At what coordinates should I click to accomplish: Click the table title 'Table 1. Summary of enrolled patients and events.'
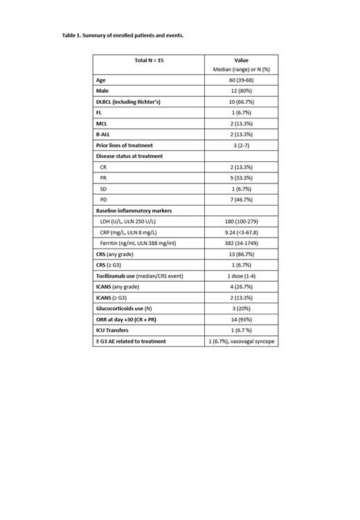[x=123, y=35]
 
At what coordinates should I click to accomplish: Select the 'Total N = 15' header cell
[x=149, y=60]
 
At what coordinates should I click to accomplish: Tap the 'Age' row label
[x=101, y=80]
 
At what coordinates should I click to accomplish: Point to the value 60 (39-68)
[x=241, y=80]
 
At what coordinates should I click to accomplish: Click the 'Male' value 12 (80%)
[x=241, y=91]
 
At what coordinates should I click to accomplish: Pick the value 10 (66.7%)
[x=241, y=102]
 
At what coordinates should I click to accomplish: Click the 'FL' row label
[x=99, y=113]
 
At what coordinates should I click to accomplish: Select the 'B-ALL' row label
[x=103, y=134]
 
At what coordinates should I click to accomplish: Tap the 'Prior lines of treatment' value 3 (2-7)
[x=241, y=145]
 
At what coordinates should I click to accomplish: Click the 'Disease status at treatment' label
[x=129, y=156]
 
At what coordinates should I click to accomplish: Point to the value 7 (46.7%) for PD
[x=241, y=199]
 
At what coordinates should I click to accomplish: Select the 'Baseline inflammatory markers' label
[x=134, y=210]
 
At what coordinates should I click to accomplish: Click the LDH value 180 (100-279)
[x=241, y=222]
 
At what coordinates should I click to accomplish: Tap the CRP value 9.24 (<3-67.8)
[x=241, y=232]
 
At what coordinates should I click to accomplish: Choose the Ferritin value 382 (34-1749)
[x=241, y=243]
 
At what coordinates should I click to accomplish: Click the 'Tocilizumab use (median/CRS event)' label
[x=140, y=276]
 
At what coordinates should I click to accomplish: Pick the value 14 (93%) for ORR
[x=241, y=319]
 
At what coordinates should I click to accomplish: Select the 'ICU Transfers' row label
[x=114, y=330]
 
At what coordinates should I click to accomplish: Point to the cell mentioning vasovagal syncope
[x=241, y=341]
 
